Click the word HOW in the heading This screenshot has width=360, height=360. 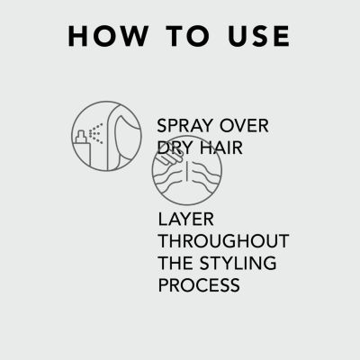[x=108, y=36]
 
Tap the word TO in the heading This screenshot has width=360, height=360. [x=188, y=36]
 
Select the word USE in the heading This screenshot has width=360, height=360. [x=258, y=36]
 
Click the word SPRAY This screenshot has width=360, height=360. [x=184, y=126]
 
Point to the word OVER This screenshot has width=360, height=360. [x=244, y=126]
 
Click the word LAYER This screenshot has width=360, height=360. [x=185, y=220]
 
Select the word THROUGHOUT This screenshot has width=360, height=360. [x=223, y=241]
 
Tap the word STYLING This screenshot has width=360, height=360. [x=238, y=263]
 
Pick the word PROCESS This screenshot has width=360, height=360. [x=199, y=285]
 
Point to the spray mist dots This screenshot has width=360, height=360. [x=96, y=133]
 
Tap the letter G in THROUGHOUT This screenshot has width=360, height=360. [x=238, y=241]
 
